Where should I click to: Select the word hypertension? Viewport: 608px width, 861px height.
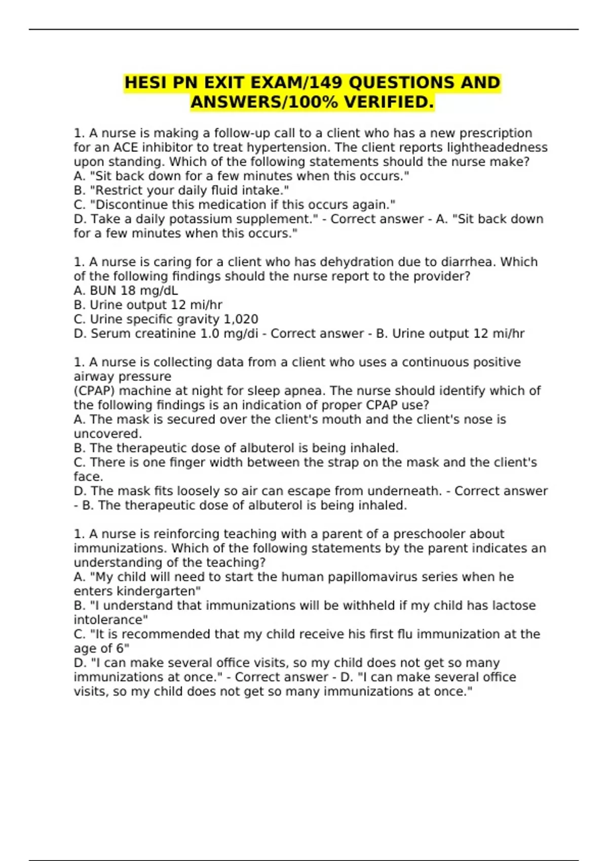tap(290, 147)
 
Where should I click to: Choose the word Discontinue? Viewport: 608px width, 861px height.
tap(131, 205)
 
